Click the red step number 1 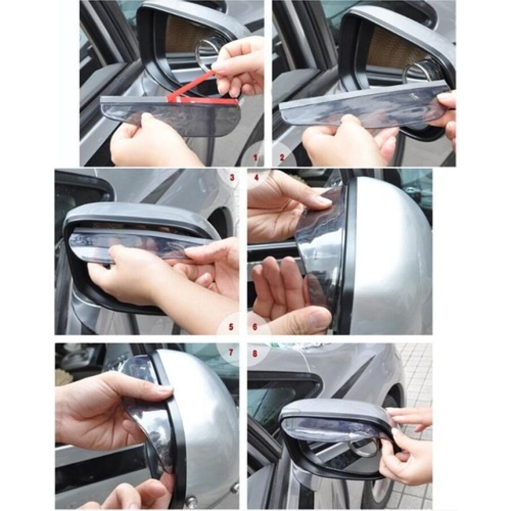[x=256, y=158]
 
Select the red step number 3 [x=232, y=178]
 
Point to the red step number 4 [x=256, y=178]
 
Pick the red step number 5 [x=231, y=326]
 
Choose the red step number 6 [x=255, y=326]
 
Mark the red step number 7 [x=231, y=353]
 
